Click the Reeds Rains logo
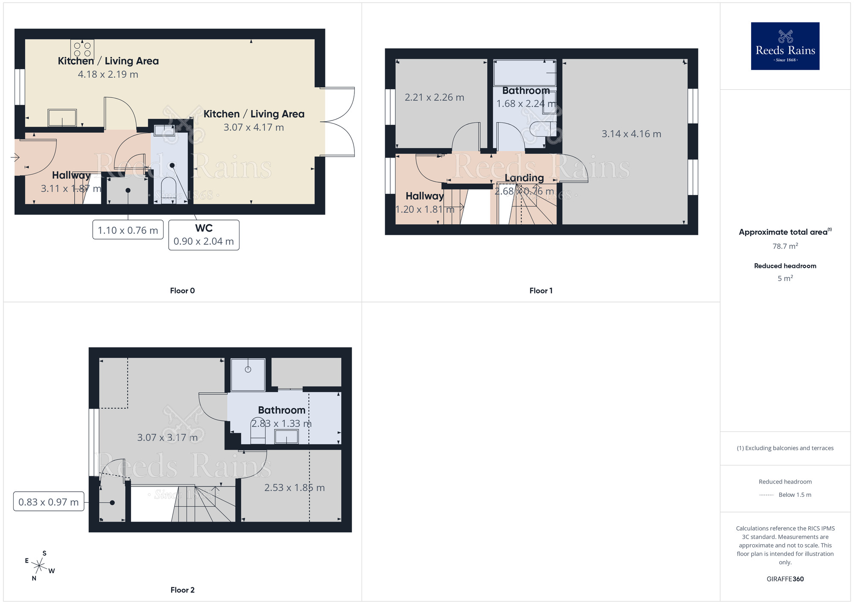(785, 46)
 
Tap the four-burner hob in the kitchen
(82, 49)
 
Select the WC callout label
(204, 235)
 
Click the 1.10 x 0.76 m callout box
(128, 230)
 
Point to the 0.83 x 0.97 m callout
(49, 501)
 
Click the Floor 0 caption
(182, 290)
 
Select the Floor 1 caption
(541, 290)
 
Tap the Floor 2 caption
(182, 590)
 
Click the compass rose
(39, 566)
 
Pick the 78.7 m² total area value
(785, 246)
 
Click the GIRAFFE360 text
(785, 579)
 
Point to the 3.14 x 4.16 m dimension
(631, 134)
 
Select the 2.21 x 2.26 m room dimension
(434, 97)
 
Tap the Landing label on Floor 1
(524, 178)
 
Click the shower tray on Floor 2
(248, 375)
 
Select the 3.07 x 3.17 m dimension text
(167, 437)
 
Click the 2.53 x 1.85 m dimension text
(294, 488)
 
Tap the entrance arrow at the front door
(15, 158)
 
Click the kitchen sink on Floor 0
(62, 117)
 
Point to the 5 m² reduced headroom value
(785, 278)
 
